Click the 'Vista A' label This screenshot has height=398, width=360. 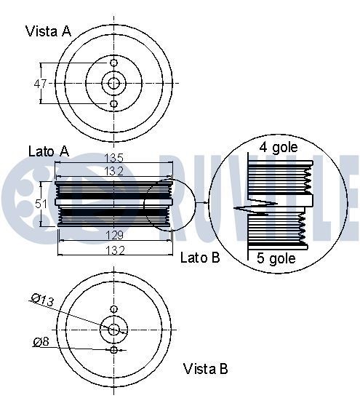pos(49,31)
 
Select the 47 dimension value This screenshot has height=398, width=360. pos(41,84)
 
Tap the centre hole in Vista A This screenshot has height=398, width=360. pos(113,84)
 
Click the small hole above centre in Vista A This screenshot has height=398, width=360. pos(113,63)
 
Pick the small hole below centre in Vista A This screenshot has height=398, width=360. pos(113,105)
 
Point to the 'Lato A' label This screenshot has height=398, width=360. pos(49,151)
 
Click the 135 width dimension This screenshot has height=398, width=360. pos(113,158)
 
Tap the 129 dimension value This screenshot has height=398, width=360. pos(113,236)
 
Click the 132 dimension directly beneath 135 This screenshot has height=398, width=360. pos(113,171)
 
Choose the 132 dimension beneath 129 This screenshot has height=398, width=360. pos(113,250)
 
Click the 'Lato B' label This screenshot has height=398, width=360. pos(199,258)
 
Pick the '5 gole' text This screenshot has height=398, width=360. pos(277,258)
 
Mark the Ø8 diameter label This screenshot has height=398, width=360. pos(41,341)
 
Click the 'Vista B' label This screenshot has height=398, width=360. pos(205,368)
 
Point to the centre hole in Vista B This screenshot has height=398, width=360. pos(113,330)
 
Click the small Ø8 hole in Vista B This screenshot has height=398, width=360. pos(113,350)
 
